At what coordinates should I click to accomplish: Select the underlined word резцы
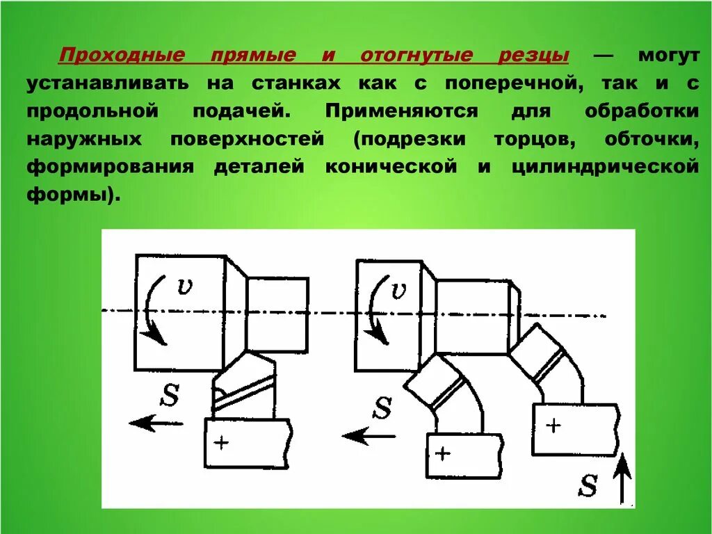click(539, 55)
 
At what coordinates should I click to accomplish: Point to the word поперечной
click(503, 83)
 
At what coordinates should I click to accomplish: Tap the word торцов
click(534, 138)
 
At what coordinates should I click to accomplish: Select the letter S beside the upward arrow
click(588, 485)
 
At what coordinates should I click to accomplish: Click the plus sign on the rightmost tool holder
click(553, 425)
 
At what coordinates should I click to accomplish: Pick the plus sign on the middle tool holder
click(443, 453)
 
